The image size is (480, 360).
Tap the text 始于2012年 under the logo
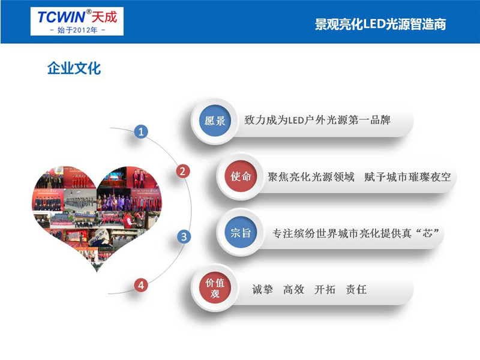coord(77,30)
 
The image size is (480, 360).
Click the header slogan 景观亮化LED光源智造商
coord(380,24)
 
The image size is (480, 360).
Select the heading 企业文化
coord(74,68)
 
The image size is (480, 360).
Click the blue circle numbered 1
coord(141,132)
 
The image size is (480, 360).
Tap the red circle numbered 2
coord(183,171)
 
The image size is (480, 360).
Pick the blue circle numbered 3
coord(184,236)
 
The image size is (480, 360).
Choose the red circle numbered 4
coord(141,286)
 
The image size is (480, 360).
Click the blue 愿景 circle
coord(215,121)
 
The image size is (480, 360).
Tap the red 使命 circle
coord(241,176)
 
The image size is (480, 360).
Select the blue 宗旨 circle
coord(241,233)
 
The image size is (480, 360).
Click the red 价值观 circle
coord(215,288)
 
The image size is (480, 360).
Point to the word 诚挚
coord(262,289)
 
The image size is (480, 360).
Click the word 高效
coord(293,289)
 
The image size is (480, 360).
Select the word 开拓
coord(325,289)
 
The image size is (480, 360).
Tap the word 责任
coord(356,289)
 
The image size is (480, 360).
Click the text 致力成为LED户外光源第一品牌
coord(317,120)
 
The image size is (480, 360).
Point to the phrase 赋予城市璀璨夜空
coord(407,177)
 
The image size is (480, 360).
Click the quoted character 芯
coord(428,233)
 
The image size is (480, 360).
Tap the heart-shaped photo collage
coord(97,211)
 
